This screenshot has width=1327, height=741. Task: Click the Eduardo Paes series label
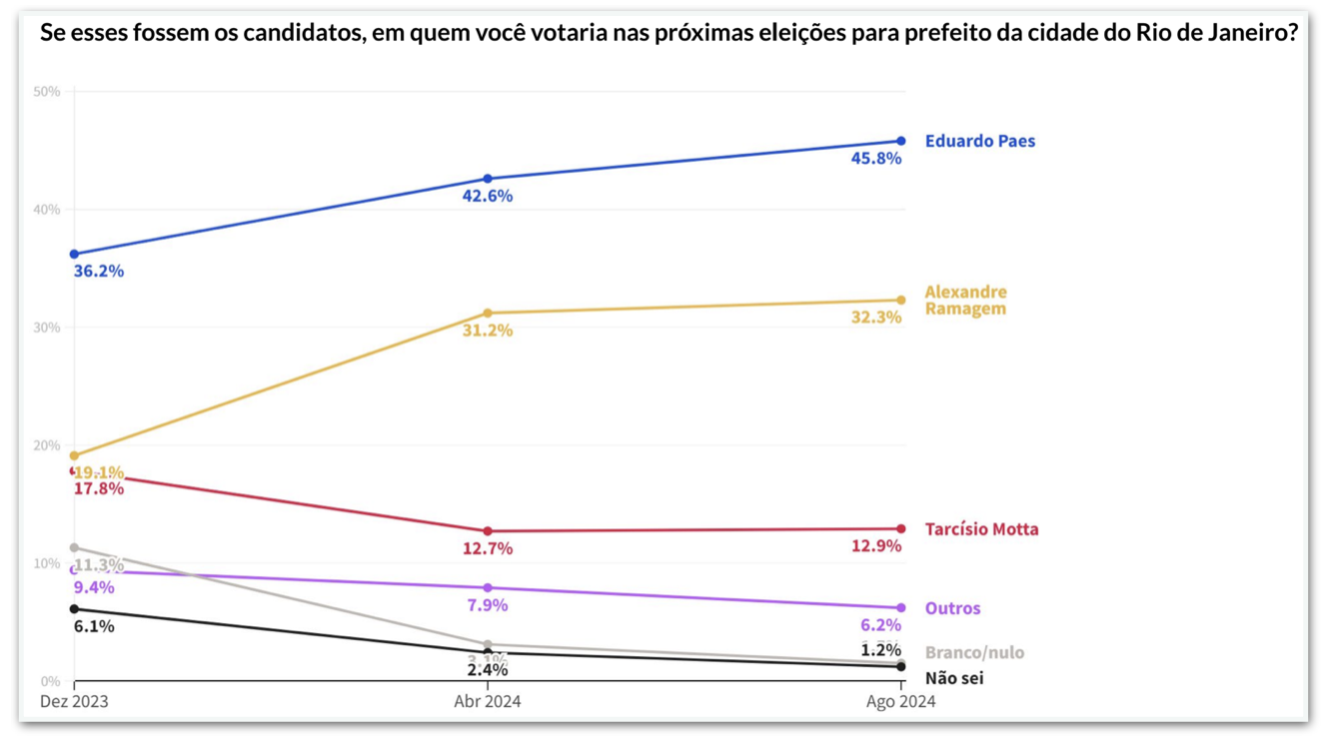coord(979,141)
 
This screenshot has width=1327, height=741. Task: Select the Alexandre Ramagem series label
coord(965,300)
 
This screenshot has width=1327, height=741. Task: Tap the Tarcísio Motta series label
coord(981,529)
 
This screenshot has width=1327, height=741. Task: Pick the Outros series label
coord(952,608)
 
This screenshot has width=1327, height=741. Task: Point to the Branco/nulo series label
coord(974,652)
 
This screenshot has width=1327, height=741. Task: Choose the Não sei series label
coord(954,679)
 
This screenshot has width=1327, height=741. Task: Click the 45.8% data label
coord(876,159)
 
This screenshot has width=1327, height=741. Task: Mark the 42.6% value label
coord(488,197)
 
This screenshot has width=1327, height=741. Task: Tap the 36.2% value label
coord(99,272)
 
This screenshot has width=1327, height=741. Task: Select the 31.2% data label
coord(488,331)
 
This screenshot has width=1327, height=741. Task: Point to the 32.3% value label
coord(876,318)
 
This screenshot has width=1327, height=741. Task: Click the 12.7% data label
coord(488,548)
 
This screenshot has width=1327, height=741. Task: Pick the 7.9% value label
coord(488,605)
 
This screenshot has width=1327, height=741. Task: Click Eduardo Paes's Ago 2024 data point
coord(901,141)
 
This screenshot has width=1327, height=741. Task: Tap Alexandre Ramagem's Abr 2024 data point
coord(488,314)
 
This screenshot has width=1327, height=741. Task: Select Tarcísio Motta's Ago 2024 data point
coord(901,529)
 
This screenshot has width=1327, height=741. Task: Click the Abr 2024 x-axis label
coord(488,702)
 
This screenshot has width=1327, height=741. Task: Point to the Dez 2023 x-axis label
coord(74,702)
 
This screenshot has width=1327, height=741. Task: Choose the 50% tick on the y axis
coord(47,92)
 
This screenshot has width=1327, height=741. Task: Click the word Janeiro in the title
coord(1250,33)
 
